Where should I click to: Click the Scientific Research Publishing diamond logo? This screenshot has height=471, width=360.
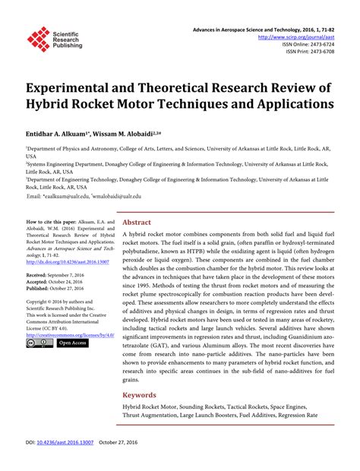[38, 39]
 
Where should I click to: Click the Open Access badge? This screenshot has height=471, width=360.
[73, 343]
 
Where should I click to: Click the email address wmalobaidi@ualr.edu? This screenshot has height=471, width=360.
[122, 196]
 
